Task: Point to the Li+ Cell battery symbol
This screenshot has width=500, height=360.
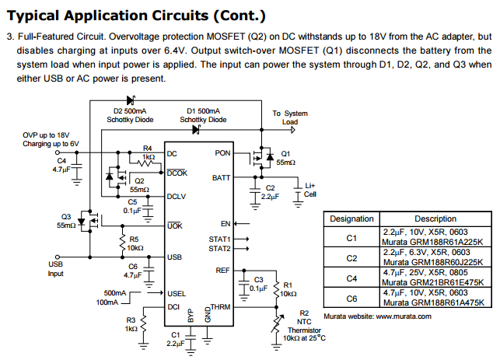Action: (299, 191)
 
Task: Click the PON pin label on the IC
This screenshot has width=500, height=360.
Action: (222, 153)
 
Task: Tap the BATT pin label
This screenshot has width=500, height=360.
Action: (221, 178)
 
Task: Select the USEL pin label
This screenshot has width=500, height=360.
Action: (177, 293)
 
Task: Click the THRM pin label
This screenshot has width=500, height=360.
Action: (221, 308)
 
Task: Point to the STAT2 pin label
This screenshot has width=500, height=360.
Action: (219, 249)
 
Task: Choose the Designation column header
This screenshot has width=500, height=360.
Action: (351, 219)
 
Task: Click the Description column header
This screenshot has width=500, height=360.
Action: (435, 219)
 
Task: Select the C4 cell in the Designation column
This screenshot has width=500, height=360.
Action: (351, 278)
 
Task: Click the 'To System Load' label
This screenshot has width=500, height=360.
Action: (289, 117)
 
